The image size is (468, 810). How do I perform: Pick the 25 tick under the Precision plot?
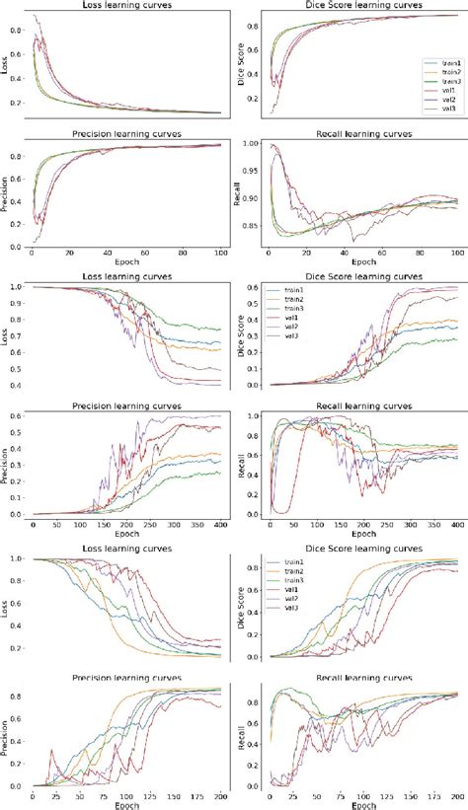coord(55,795)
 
